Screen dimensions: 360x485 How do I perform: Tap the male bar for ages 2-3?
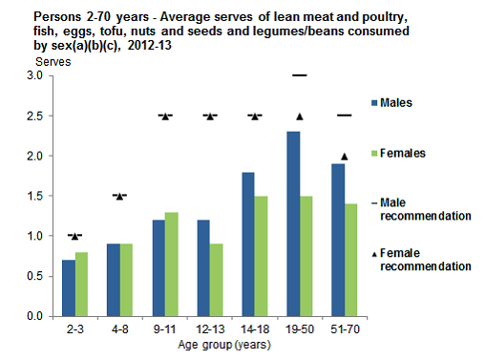tap(69, 287)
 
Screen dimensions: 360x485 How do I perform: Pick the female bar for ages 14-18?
tap(261, 256)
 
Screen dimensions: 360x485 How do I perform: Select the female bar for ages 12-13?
tap(216, 280)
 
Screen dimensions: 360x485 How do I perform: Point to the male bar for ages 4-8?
tap(114, 280)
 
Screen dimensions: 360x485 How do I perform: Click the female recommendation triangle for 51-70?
tap(344, 157)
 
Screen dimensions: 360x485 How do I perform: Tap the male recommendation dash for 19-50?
tap(299, 74)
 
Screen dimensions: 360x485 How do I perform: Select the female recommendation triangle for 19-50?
tap(299, 116)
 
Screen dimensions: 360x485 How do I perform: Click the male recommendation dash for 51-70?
tap(344, 115)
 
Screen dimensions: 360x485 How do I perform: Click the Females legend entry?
tap(401, 153)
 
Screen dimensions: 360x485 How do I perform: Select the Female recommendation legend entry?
tap(419, 261)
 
